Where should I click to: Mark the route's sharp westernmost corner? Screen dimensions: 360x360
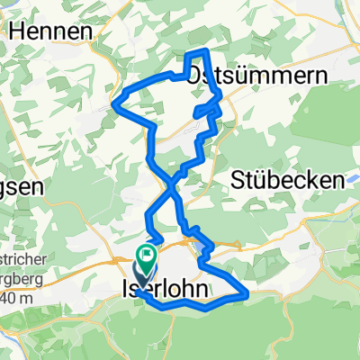tap(112, 103)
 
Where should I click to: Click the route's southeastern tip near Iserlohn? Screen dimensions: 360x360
tap(247, 291)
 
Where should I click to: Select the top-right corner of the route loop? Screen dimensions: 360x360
tap(208, 49)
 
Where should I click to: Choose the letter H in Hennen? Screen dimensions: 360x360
tap(13, 30)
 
